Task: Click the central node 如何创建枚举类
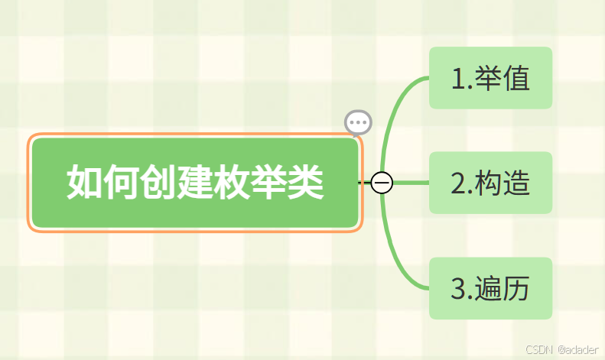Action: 195,183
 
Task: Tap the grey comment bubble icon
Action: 358,122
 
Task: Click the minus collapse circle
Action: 382,183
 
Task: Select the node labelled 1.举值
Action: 490,78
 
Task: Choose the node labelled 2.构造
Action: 490,183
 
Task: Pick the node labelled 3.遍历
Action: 490,288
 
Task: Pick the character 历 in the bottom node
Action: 516,289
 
